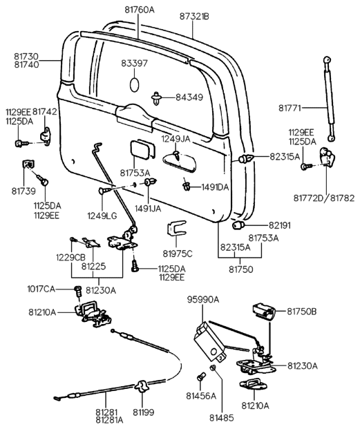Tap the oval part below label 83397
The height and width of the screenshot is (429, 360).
coord(135,84)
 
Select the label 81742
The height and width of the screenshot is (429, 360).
coord(45,110)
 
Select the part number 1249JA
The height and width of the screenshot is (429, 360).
coord(175,139)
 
